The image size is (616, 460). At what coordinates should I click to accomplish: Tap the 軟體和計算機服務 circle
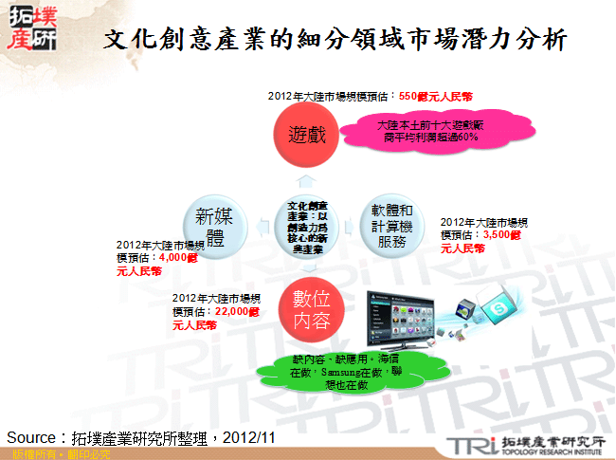click(392, 224)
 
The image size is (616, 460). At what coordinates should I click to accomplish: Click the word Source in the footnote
click(34, 437)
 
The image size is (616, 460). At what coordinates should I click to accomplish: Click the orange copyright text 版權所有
click(26, 454)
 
